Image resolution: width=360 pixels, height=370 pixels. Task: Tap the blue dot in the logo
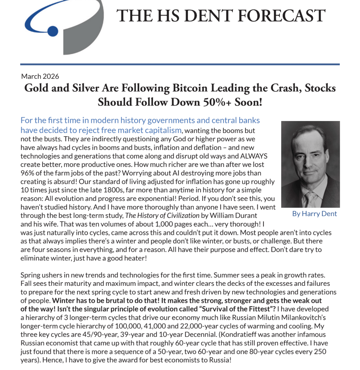pyautogui.click(x=53, y=31)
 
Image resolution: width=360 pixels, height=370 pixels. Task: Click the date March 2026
pyautogui.click(x=40, y=76)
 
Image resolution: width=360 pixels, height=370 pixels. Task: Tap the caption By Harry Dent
pyautogui.click(x=314, y=214)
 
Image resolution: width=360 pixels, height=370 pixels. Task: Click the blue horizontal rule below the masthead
pyautogui.click(x=180, y=64)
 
